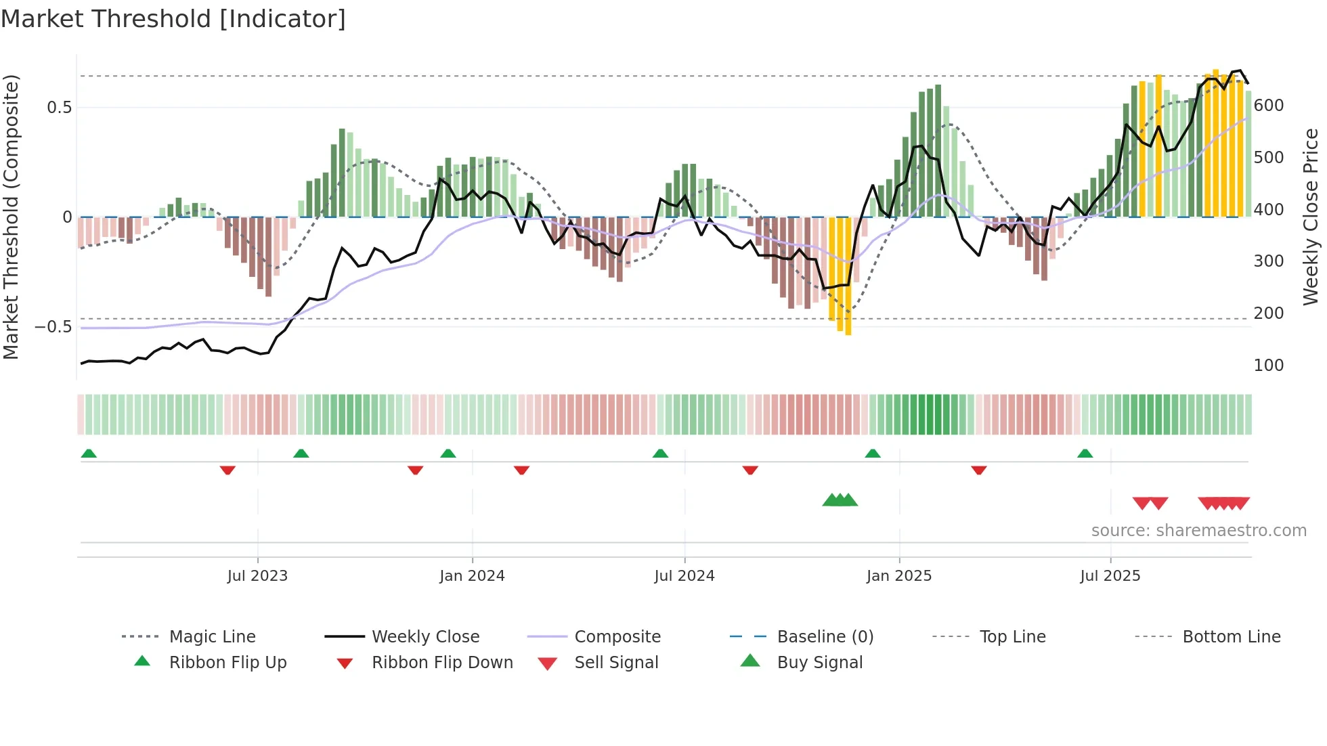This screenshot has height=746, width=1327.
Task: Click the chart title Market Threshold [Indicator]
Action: point(173,19)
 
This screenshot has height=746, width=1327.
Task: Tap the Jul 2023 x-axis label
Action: point(257,576)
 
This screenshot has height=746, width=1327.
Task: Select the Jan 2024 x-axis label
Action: point(472,576)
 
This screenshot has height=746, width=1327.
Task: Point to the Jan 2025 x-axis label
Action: point(899,576)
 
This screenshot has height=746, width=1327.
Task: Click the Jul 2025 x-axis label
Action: point(1110,576)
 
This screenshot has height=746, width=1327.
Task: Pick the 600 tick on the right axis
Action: point(1269,106)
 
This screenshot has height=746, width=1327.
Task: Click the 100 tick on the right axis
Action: point(1269,366)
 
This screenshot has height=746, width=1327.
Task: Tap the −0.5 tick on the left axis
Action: point(53,327)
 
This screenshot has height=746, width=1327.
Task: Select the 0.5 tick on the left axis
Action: point(59,108)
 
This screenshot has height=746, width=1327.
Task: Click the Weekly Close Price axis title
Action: point(1311,217)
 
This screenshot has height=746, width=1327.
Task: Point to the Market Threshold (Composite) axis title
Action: point(11,217)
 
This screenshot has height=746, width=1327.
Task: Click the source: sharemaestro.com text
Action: point(1198,531)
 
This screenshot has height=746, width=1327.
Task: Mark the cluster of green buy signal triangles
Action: point(840,500)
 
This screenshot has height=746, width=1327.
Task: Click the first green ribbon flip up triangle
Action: point(89,454)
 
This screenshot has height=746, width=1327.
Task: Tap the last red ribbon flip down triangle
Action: point(979,470)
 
